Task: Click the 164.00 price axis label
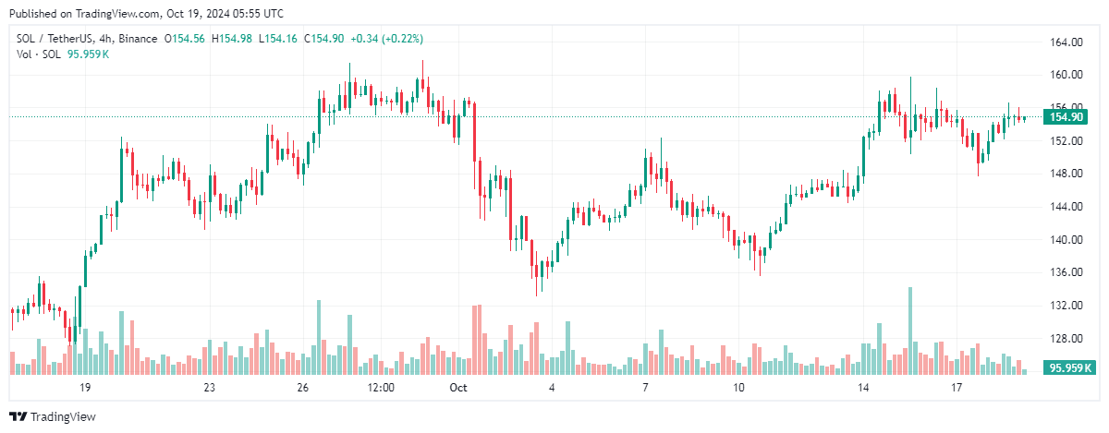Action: [x=1067, y=42]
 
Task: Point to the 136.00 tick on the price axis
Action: [x=1067, y=272]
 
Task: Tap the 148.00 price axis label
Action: [x=1067, y=174]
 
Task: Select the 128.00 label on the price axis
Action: [x=1067, y=338]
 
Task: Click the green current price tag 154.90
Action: [x=1066, y=117]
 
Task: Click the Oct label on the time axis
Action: [x=459, y=388]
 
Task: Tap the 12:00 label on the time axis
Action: [x=381, y=388]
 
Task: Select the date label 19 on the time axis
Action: [x=85, y=388]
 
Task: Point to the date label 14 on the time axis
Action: [x=863, y=388]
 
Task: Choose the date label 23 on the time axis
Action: [x=210, y=388]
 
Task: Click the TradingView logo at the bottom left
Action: [x=53, y=417]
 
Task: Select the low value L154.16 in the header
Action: [x=283, y=39]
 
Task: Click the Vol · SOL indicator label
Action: [x=39, y=54]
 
